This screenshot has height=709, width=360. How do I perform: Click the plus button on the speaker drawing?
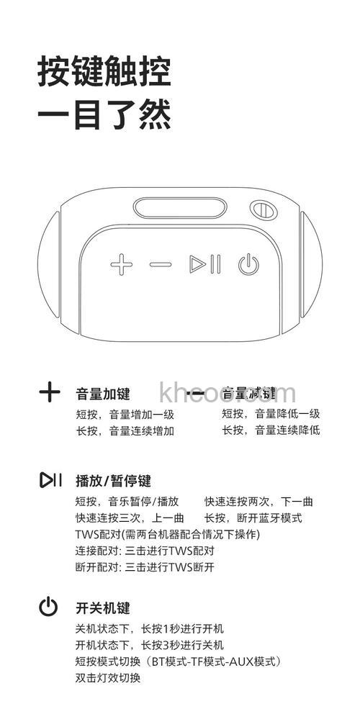122,264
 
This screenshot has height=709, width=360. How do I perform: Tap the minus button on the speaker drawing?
161,264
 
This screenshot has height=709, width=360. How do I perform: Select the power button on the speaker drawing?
248,265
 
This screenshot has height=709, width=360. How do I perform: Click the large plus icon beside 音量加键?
50,392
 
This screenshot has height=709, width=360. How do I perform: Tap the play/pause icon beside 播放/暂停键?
50,479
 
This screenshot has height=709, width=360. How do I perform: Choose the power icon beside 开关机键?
48,607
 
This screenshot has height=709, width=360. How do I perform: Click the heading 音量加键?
103,394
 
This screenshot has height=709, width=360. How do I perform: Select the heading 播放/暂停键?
113,481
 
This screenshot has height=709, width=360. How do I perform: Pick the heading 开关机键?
103,608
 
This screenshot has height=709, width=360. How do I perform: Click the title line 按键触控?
104,73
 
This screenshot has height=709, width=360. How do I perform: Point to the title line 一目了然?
104,116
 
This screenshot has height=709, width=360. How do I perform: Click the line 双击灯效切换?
108,677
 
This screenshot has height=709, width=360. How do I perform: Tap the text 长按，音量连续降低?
271,430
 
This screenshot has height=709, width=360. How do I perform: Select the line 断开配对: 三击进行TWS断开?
145,567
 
